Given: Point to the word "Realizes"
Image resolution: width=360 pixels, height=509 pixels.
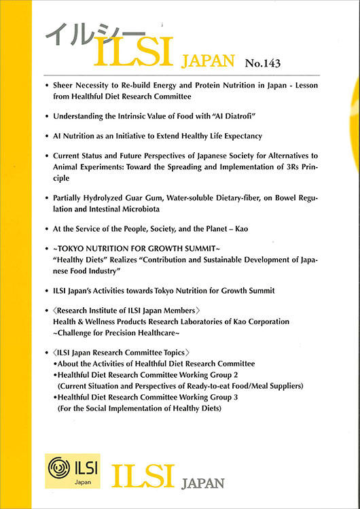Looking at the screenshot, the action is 125,260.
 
